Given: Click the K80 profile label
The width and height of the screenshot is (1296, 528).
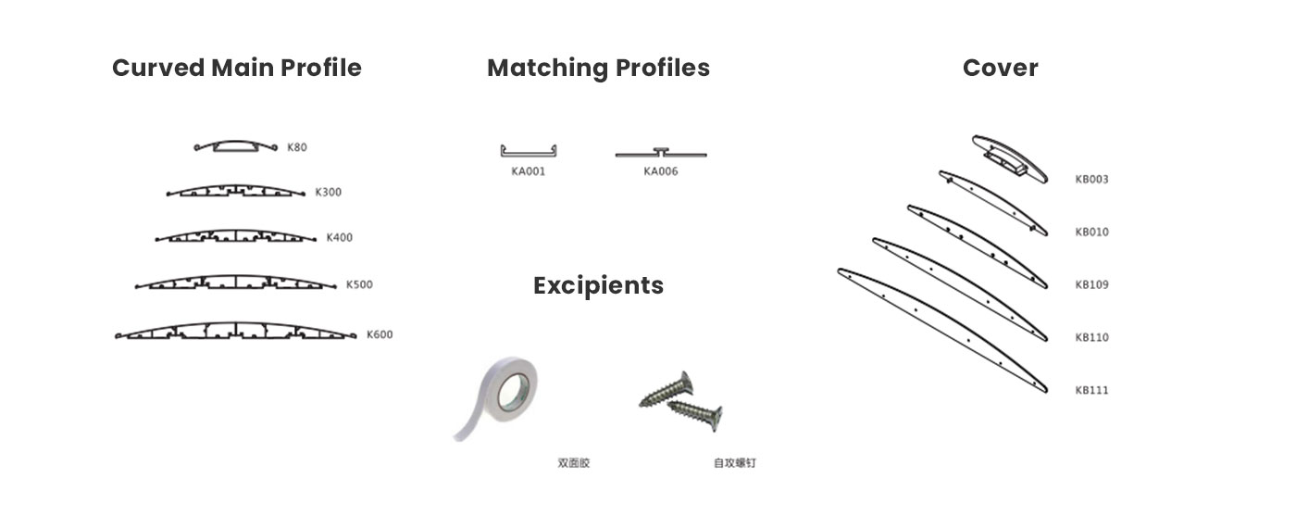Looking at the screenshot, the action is pyautogui.click(x=297, y=147).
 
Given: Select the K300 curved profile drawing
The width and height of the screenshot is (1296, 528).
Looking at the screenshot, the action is pyautogui.click(x=235, y=191).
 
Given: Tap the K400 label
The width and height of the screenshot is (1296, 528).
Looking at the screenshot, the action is pyautogui.click(x=339, y=237).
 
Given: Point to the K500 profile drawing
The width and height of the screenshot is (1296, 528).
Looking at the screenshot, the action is pyautogui.click(x=235, y=283).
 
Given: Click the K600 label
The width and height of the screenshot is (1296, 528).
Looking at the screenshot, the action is pyautogui.click(x=380, y=334).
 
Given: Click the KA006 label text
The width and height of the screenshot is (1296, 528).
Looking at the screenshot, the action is pyautogui.click(x=661, y=171).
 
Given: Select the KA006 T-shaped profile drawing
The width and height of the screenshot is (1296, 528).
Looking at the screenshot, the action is pyautogui.click(x=661, y=154).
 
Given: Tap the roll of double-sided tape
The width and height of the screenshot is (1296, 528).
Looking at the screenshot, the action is pyautogui.click(x=498, y=396).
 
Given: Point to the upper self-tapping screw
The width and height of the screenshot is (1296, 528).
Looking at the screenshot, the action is pyautogui.click(x=667, y=390).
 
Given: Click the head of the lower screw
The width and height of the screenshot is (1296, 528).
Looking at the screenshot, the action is pyautogui.click(x=716, y=418).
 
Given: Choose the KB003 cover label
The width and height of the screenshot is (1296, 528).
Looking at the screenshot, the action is pyautogui.click(x=1091, y=180).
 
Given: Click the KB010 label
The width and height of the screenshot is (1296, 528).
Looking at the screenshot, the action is pyautogui.click(x=1091, y=233).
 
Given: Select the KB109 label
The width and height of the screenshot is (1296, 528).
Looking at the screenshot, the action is pyautogui.click(x=1091, y=285).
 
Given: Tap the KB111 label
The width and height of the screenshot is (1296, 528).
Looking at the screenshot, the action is pyautogui.click(x=1091, y=390).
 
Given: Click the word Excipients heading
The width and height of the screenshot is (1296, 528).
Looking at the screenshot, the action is pyautogui.click(x=598, y=286).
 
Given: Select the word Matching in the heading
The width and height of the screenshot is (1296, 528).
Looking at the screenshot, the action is pyautogui.click(x=548, y=69).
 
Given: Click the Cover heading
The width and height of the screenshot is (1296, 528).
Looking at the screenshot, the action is pyautogui.click(x=1001, y=68).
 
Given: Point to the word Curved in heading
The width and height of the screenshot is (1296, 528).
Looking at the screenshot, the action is pyautogui.click(x=158, y=68).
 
